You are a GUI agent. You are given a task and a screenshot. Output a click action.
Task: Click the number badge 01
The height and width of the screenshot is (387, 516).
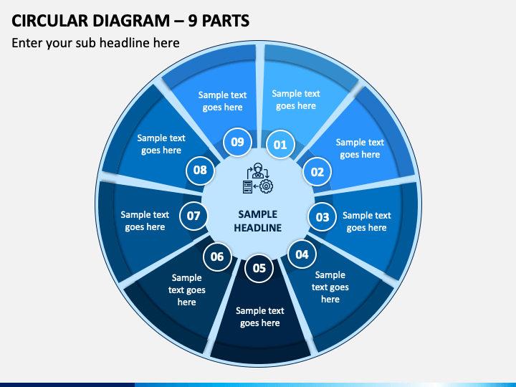point(279,145)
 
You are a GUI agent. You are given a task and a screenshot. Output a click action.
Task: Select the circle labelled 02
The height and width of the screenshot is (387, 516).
point(317,172)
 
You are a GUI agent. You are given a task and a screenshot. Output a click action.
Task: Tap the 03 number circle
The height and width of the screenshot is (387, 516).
point(322,217)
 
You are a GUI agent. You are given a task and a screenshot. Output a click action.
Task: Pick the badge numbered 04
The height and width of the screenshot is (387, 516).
point(302,254)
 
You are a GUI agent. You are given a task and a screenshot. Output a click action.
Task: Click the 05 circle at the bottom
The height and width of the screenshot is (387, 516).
point(259,268)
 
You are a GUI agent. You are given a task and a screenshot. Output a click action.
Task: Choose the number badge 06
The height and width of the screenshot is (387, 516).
point(217,257)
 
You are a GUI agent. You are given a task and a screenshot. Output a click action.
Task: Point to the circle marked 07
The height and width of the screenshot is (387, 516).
point(193,216)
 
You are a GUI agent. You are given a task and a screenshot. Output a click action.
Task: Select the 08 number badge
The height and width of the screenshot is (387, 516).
point(200,170)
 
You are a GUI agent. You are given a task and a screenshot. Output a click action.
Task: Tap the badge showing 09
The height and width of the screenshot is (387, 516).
point(237,142)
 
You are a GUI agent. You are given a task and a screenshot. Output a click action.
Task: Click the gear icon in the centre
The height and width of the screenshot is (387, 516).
point(266,186)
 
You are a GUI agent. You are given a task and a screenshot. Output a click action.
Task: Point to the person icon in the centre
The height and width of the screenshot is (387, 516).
point(258,171)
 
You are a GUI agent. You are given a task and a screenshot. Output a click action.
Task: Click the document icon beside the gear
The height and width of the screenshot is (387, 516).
point(247,186)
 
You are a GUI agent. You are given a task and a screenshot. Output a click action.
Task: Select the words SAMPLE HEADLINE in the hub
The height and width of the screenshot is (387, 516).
point(258,221)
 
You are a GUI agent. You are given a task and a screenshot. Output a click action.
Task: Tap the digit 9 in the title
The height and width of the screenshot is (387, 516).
point(193,21)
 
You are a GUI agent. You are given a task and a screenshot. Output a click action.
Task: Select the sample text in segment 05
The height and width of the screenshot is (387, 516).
point(260,317)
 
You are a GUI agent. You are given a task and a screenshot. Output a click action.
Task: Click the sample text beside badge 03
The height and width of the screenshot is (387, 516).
point(367,221)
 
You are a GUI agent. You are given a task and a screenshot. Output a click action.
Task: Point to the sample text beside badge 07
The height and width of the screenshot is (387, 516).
point(145,221)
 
